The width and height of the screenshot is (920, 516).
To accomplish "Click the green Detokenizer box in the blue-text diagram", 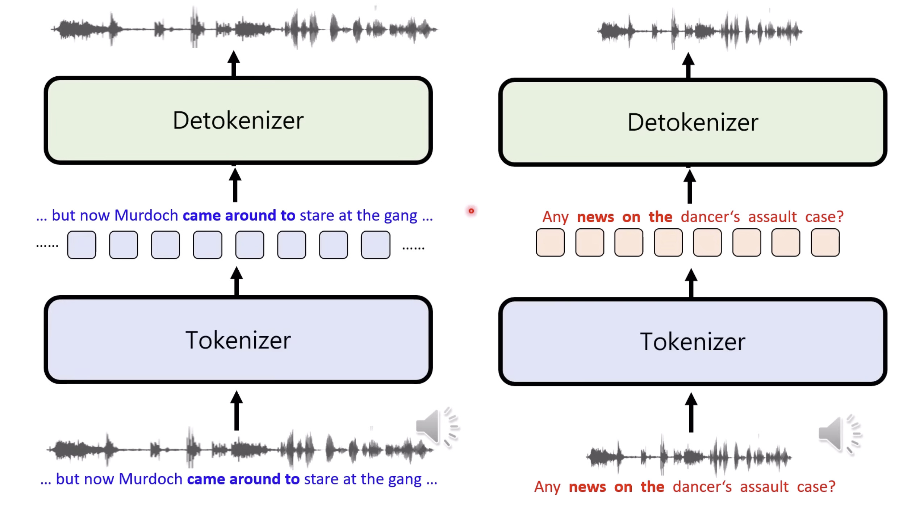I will click(238, 120).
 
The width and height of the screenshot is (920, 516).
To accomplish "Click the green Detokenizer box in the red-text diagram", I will click(692, 122).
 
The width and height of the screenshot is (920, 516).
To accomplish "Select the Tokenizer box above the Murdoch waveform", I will click(238, 340).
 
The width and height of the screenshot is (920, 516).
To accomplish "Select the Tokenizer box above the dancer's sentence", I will click(692, 342).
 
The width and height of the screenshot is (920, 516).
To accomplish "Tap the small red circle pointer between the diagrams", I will click(471, 211).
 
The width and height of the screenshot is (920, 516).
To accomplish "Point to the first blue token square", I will click(81, 245).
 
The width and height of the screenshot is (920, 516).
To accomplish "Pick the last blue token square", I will click(375, 245).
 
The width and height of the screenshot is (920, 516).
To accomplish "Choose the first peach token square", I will click(550, 242).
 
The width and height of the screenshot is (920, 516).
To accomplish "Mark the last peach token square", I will click(825, 242).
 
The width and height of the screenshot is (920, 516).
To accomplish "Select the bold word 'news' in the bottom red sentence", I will click(587, 487).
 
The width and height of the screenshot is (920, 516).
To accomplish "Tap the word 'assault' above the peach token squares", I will click(772, 217).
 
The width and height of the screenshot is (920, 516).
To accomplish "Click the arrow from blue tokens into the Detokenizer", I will click(235, 185).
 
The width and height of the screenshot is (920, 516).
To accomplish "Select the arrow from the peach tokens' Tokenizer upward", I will click(691, 283).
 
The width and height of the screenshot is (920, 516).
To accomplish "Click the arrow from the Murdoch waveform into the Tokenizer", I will click(237, 410).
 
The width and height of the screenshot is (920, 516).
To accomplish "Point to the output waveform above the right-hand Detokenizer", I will click(700, 31).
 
